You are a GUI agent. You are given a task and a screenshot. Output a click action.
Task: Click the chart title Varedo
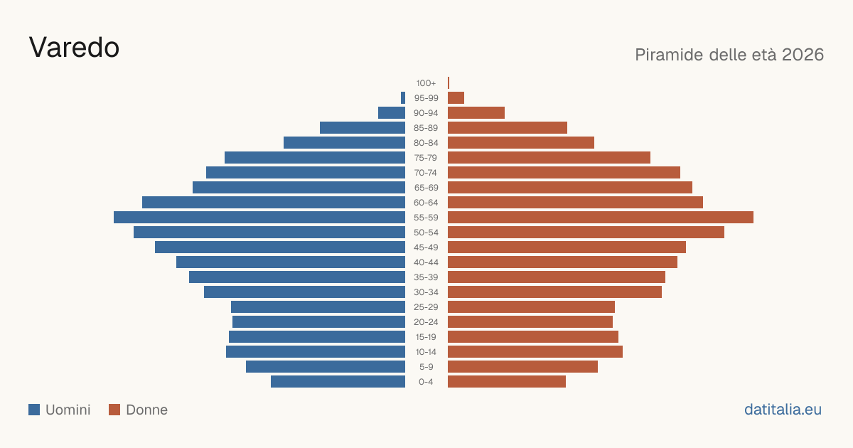(x=74, y=48)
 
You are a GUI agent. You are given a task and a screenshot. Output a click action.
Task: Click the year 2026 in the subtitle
(x=803, y=55)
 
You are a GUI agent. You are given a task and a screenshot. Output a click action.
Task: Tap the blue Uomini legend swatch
(x=34, y=410)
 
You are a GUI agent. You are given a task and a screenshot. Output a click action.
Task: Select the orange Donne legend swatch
(x=114, y=410)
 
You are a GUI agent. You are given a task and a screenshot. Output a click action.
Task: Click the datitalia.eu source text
(x=783, y=410)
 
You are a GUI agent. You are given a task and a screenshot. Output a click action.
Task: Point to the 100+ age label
(x=426, y=83)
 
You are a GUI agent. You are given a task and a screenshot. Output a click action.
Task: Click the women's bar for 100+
(x=449, y=82)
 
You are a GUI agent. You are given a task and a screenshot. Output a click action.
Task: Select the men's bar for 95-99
(x=403, y=98)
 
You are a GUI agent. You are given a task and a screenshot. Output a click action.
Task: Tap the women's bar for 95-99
(x=456, y=98)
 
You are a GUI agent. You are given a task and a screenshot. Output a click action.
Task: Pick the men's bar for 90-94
(x=392, y=113)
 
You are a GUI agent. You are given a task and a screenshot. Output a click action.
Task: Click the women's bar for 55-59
(x=601, y=217)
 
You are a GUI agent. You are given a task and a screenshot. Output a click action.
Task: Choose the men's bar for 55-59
(x=259, y=217)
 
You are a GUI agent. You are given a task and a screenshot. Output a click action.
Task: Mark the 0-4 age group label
(x=426, y=382)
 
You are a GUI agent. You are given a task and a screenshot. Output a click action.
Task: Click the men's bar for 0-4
(x=338, y=382)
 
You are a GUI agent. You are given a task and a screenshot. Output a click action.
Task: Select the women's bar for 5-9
(x=523, y=366)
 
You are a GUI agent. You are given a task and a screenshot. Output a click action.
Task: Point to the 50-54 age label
(x=426, y=233)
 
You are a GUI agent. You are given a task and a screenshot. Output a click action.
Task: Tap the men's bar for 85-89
(x=363, y=127)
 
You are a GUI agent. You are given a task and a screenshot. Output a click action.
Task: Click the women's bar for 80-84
(x=521, y=142)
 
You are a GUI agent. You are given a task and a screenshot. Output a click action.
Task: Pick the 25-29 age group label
(x=426, y=307)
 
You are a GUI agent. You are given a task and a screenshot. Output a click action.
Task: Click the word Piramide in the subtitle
(x=669, y=55)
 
